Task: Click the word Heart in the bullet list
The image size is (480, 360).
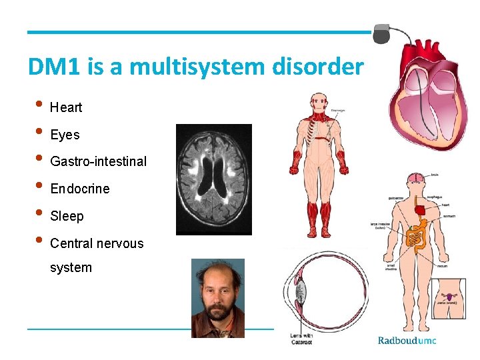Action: coord(66,107)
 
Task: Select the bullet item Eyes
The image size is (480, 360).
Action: coord(65,135)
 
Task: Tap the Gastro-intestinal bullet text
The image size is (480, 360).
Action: coord(98,162)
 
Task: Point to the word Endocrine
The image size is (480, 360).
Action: coord(80,189)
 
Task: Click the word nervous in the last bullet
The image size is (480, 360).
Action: coord(120,243)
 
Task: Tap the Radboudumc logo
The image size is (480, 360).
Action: coord(407,341)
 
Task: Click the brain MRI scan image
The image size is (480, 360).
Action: coord(213,179)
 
